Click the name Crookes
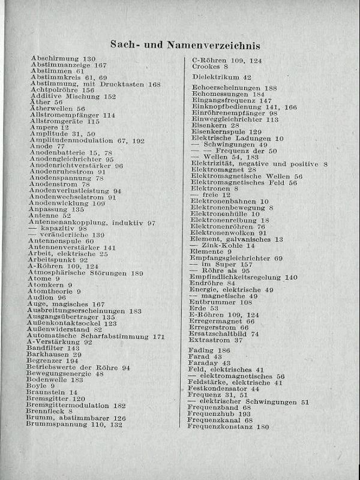coord(205,67)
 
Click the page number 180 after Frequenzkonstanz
coord(262,427)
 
